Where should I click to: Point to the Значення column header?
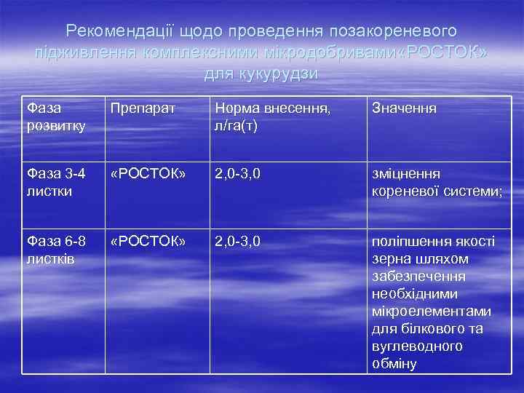tap(405, 109)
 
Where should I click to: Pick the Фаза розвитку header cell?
tap(55, 117)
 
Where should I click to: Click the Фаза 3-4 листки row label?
tap(55, 182)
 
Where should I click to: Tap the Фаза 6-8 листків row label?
tap(55, 248)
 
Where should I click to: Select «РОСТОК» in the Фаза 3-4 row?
tap(148, 174)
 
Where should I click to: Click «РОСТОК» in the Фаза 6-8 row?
tap(148, 240)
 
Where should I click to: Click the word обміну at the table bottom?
tap(394, 363)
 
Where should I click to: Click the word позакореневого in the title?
tap(393, 31)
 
